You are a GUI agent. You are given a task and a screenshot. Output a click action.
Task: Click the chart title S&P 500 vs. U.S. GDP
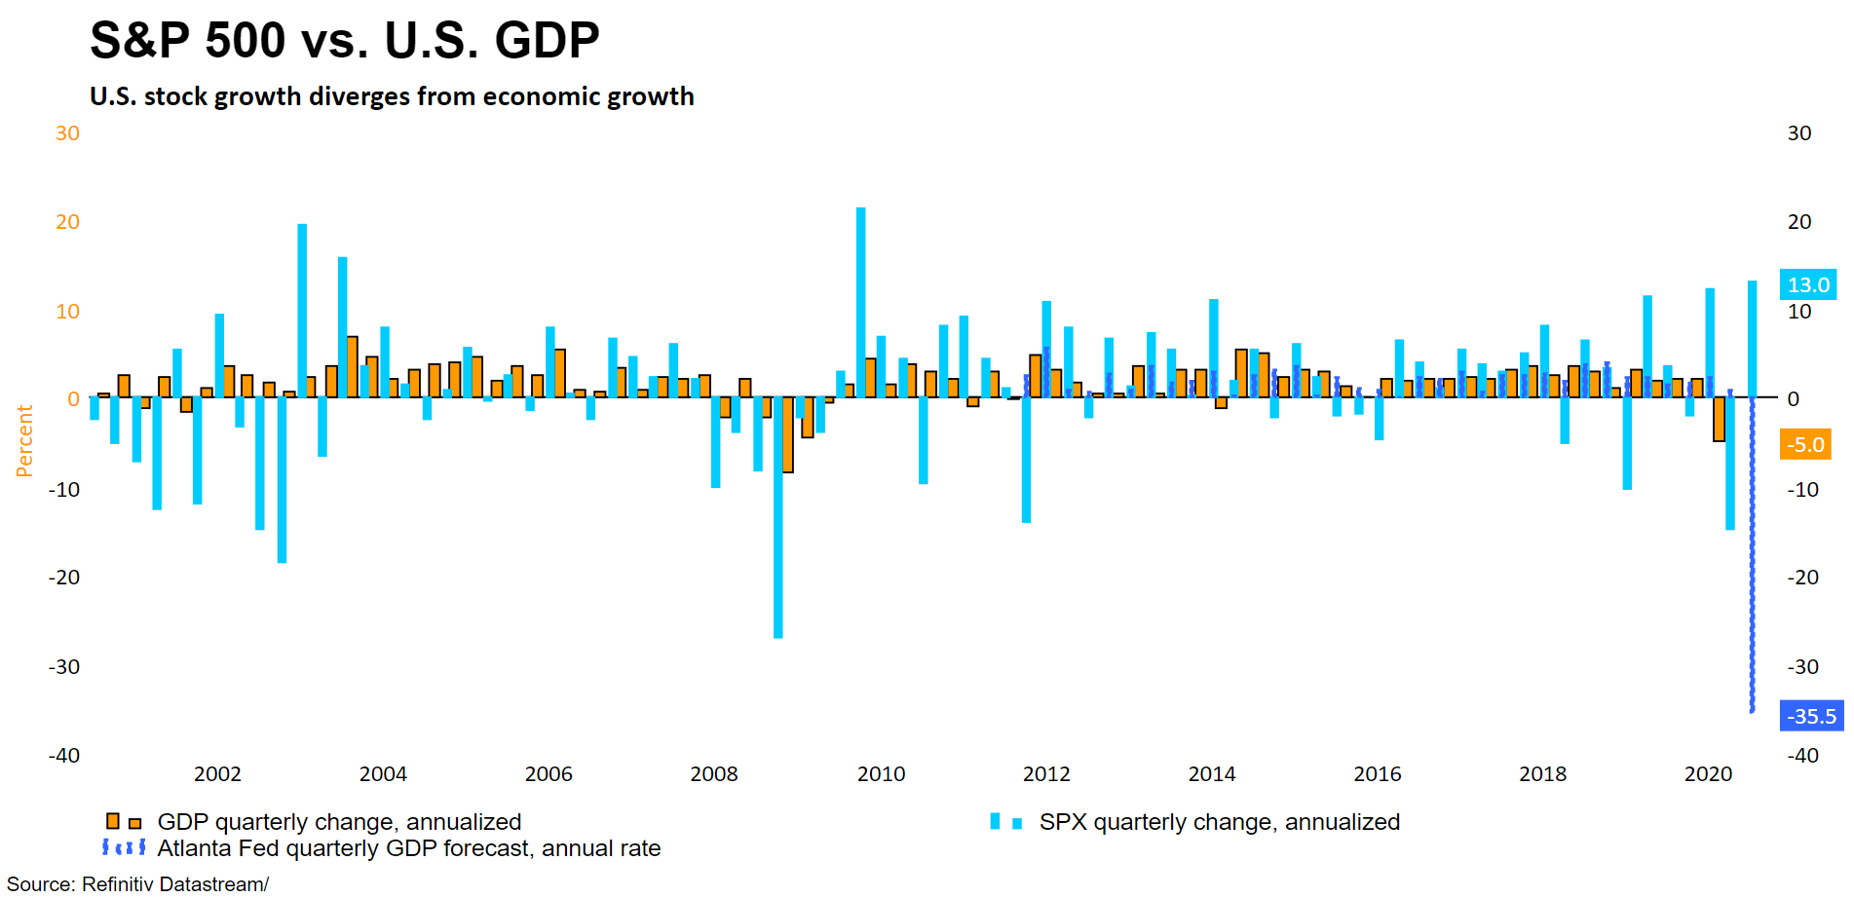[344, 41]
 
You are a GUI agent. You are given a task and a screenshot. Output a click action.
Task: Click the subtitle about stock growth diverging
[392, 96]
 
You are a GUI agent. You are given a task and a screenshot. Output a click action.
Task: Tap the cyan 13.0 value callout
[1807, 285]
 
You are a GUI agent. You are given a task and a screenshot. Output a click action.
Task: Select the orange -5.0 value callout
[1805, 445]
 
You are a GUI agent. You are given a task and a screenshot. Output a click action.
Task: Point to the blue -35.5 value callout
[1811, 717]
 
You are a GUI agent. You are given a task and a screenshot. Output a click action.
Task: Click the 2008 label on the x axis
[714, 774]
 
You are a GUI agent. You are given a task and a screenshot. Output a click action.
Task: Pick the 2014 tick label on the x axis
[1211, 774]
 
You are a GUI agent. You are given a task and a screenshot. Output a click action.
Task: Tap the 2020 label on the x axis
[1708, 774]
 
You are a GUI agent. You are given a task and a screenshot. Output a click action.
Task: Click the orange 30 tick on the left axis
[67, 133]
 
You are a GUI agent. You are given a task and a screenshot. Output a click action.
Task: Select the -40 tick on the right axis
[1802, 756]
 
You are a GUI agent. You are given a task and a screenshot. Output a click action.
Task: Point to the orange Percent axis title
[24, 441]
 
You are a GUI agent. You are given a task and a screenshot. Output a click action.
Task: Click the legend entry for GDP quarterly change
[339, 822]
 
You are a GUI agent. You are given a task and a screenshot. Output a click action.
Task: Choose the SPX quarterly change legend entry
[1219, 822]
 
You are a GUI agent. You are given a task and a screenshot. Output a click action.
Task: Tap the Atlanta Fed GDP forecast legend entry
[408, 848]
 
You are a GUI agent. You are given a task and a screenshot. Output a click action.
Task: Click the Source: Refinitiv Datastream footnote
[137, 884]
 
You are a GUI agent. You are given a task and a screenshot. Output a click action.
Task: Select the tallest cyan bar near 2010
[860, 302]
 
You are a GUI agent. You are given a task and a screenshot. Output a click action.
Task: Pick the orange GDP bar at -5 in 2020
[1720, 420]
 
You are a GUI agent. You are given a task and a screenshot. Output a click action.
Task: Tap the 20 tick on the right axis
[1799, 222]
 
